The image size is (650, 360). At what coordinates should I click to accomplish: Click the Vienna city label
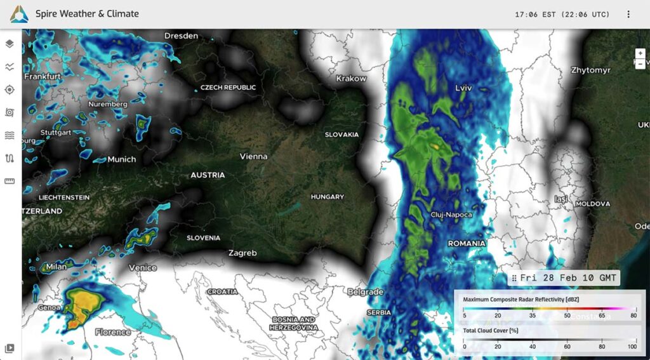coord(253,156)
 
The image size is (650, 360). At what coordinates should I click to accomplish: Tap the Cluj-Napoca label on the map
coord(451,215)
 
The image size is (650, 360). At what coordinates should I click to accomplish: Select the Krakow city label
coord(351,79)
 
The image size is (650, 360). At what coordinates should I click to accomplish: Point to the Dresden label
coord(181,36)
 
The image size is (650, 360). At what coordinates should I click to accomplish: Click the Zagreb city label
coord(242,253)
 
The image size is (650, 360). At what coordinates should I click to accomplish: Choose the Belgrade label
coord(365,292)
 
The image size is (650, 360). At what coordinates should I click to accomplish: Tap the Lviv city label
coord(464,88)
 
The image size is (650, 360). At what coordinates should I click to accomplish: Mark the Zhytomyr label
coord(590,70)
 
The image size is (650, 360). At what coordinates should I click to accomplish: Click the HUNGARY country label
coord(327,197)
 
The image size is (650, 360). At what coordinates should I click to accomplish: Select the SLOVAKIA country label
coord(342,135)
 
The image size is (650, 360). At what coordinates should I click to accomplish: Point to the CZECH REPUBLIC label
coord(229,88)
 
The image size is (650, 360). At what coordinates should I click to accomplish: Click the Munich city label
coord(121,159)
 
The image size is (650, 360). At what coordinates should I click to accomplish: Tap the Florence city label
coord(113,332)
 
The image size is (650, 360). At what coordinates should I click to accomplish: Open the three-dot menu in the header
coord(628,14)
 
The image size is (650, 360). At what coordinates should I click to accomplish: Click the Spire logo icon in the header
coord(19,14)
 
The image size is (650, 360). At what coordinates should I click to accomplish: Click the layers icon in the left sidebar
coord(10,44)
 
